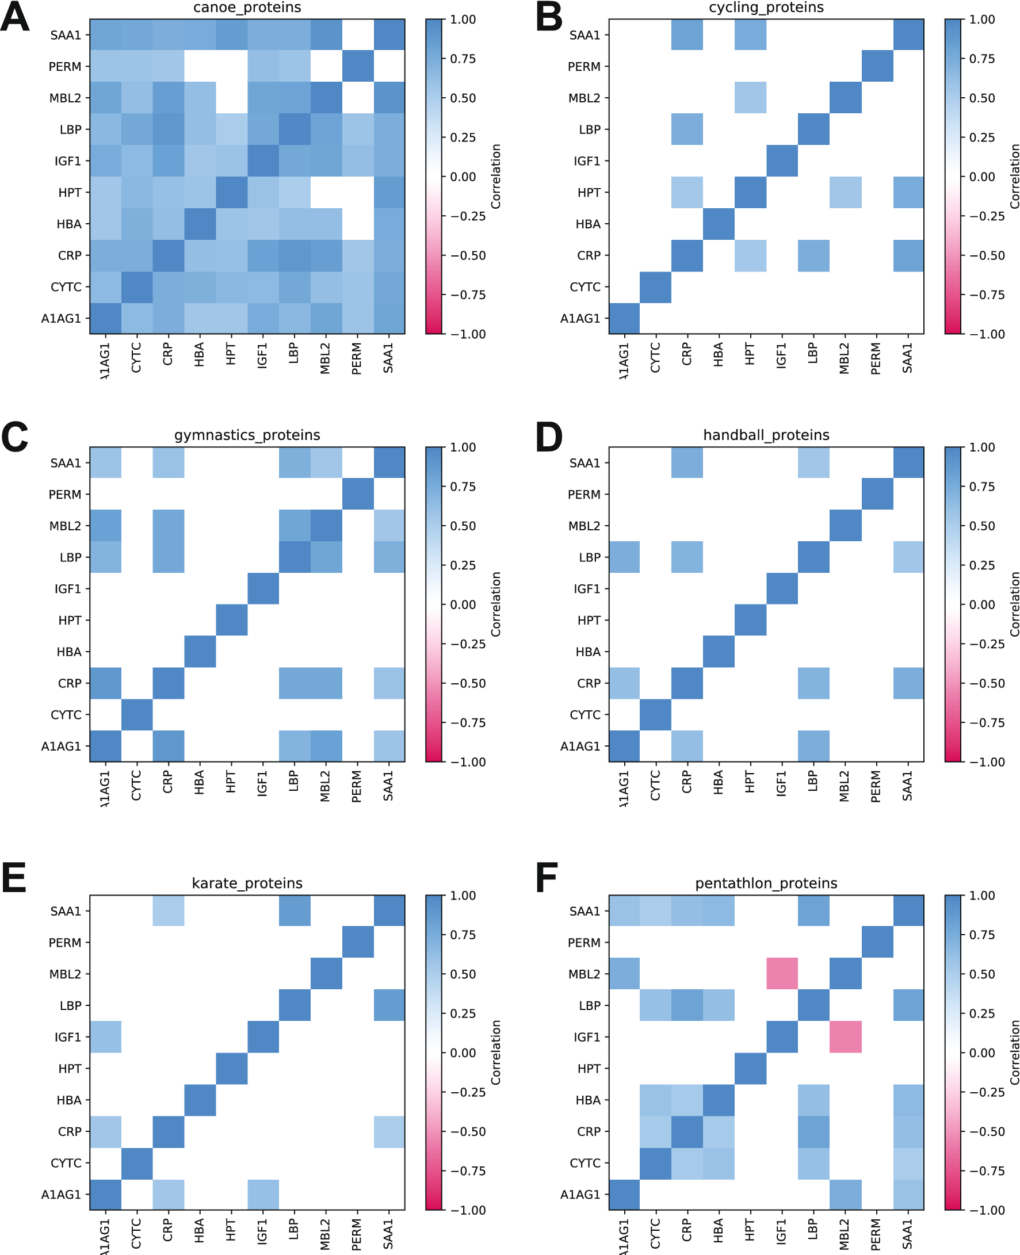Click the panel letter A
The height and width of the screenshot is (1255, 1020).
pyautogui.click(x=15, y=18)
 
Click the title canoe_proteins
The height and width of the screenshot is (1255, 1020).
pyautogui.click(x=247, y=7)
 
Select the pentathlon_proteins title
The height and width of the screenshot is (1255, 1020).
pyautogui.click(x=766, y=883)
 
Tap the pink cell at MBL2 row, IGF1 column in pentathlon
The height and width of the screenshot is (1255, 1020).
pyautogui.click(x=782, y=974)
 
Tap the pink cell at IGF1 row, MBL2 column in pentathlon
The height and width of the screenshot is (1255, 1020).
pyautogui.click(x=846, y=1036)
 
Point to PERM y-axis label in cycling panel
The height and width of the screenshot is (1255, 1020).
pyautogui.click(x=583, y=67)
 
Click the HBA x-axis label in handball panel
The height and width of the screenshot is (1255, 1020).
pyautogui.click(x=719, y=783)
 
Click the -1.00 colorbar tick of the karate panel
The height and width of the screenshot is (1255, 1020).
pyautogui.click(x=467, y=1210)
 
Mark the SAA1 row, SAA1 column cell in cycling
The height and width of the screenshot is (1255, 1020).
pyautogui.click(x=908, y=35)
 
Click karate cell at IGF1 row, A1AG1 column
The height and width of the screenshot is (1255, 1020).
pyautogui.click(x=106, y=1036)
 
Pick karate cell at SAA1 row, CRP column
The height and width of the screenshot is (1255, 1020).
pyautogui.click(x=169, y=911)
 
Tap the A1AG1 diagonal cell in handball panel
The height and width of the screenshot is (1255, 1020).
pyautogui.click(x=625, y=746)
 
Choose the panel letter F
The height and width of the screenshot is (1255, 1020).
pyautogui.click(x=547, y=879)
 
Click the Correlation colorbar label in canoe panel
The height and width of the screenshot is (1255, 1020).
pyautogui.click(x=496, y=176)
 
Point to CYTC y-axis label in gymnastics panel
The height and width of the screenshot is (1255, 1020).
pyautogui.click(x=66, y=715)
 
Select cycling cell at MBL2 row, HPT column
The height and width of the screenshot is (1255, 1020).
pyautogui.click(x=750, y=97)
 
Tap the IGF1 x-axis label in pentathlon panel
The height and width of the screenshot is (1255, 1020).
pyautogui.click(x=781, y=1231)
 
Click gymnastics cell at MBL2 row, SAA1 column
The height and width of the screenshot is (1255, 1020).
pyautogui.click(x=389, y=526)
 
